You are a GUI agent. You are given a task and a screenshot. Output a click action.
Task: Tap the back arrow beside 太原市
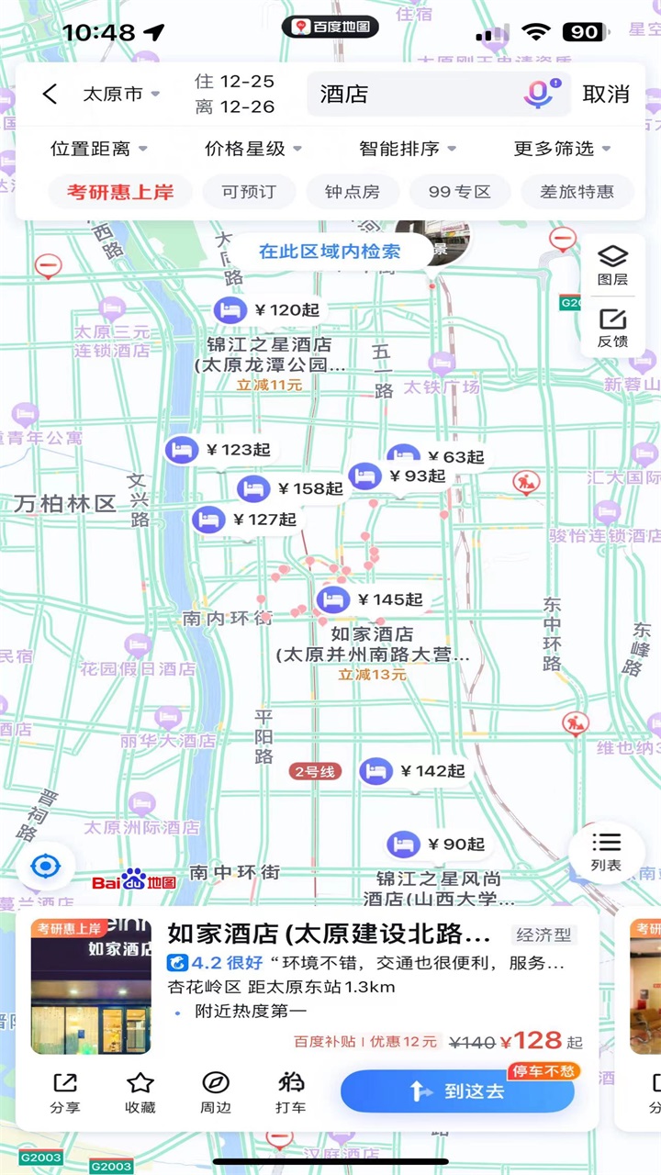pos(50,94)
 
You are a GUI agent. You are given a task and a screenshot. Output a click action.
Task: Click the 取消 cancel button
pos(606,94)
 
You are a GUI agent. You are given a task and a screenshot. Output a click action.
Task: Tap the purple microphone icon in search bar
pos(538,94)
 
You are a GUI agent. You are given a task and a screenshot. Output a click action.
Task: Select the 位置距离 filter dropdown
pos(98,149)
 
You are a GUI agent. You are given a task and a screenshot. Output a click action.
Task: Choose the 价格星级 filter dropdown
pos(252,149)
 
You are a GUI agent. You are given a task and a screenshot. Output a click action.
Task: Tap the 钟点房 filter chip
pos(352,192)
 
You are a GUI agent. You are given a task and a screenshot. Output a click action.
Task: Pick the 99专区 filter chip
pos(460,192)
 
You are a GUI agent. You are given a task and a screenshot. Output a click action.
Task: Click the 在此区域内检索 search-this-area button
pos(330,252)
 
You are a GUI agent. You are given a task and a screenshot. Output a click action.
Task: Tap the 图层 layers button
pos(612,264)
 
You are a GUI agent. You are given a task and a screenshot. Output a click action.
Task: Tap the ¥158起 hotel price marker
pos(291,488)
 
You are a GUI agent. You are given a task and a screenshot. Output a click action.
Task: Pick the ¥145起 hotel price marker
pos(371,600)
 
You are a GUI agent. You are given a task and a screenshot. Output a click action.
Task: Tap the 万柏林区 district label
pos(64,503)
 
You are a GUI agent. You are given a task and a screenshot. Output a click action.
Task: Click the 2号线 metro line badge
pos(315,771)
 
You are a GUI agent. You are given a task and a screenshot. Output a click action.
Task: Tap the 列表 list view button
pos(606,852)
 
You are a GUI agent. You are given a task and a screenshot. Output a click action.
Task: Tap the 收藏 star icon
pos(140,1091)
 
